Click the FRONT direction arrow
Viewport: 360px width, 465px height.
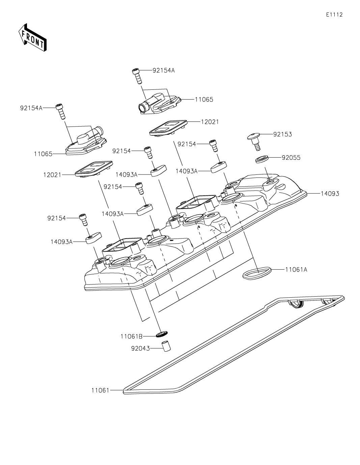coord(32,37)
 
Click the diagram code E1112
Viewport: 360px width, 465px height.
coord(334,15)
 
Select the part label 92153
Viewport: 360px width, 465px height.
coord(282,134)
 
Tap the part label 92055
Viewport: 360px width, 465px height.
coord(291,158)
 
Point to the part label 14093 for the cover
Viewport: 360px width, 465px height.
coord(330,194)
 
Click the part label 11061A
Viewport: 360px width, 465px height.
coord(296,270)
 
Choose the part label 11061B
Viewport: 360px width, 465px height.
coord(132,336)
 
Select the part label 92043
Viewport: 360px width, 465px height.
coord(140,349)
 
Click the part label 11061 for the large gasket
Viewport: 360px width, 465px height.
coord(100,390)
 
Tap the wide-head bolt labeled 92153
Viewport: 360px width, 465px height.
coord(254,141)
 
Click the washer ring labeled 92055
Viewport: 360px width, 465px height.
coord(262,159)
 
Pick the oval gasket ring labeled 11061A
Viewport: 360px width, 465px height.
coord(257,273)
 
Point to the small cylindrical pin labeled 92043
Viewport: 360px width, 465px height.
coord(166,346)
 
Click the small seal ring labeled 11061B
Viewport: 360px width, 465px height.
coord(162,334)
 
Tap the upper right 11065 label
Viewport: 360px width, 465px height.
coord(204,100)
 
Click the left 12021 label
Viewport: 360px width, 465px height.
coord(52,175)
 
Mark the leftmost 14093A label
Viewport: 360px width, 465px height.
coord(62,242)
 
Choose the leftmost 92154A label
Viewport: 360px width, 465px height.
coord(31,108)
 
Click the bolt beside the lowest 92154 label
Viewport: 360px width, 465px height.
coord(83,220)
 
